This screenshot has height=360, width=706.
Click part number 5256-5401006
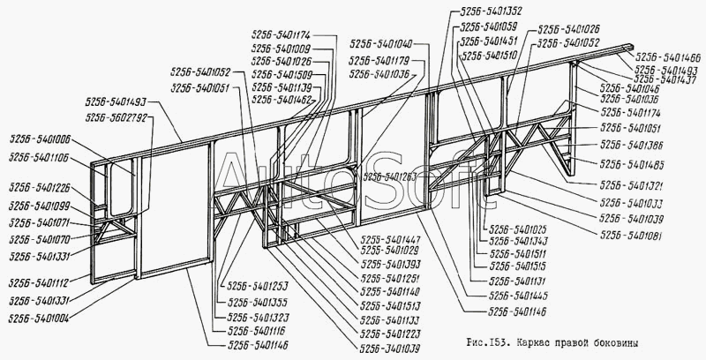[x=41, y=139]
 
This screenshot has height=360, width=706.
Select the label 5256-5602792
[x=116, y=117]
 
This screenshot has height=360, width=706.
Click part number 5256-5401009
[x=280, y=49]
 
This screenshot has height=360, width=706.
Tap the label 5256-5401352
[x=491, y=12]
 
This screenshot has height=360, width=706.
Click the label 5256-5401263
[x=389, y=176]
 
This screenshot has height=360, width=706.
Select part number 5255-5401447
[x=390, y=239]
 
